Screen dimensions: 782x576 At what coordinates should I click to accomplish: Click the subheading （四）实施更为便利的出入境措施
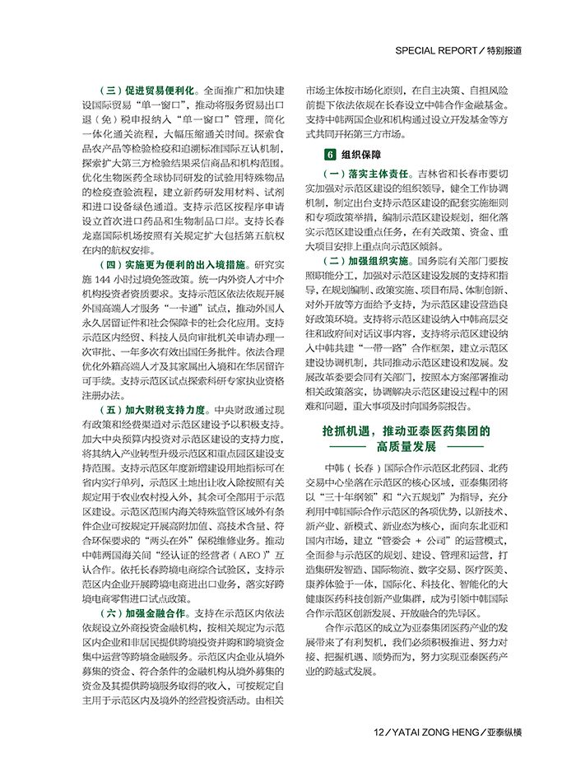(x=168, y=265)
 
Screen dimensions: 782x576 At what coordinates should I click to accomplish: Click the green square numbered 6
(x=330, y=154)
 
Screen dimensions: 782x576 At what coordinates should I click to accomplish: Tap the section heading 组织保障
(x=360, y=154)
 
